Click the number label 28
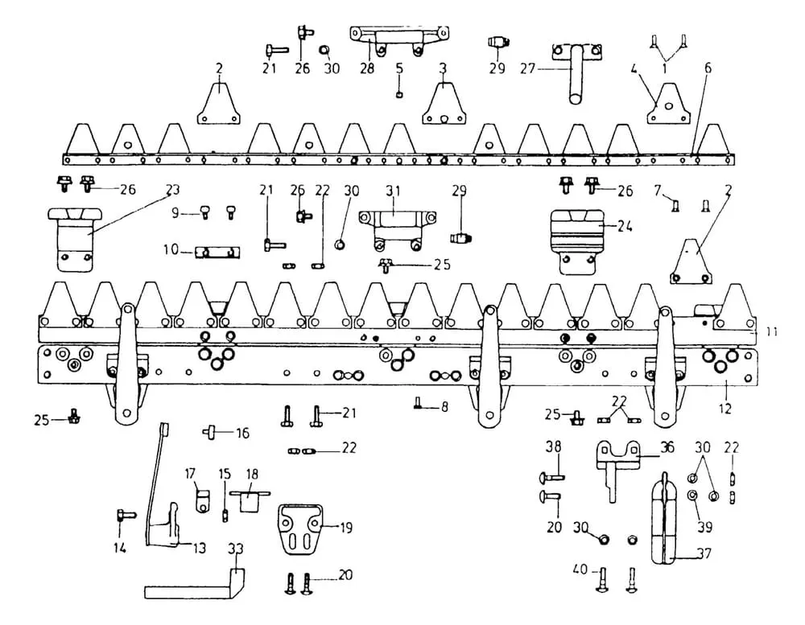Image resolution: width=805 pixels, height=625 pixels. coord(367,69)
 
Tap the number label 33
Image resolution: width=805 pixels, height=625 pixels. coord(235,550)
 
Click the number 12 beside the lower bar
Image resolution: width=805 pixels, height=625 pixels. coord(725,409)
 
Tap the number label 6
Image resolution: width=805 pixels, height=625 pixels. coord(707,68)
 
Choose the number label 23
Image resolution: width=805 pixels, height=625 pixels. coord(171,191)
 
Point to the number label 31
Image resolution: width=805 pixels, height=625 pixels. coord(392,191)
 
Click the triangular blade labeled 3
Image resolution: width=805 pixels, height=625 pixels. coord(443,104)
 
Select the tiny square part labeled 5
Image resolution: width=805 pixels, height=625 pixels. coord(400,94)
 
